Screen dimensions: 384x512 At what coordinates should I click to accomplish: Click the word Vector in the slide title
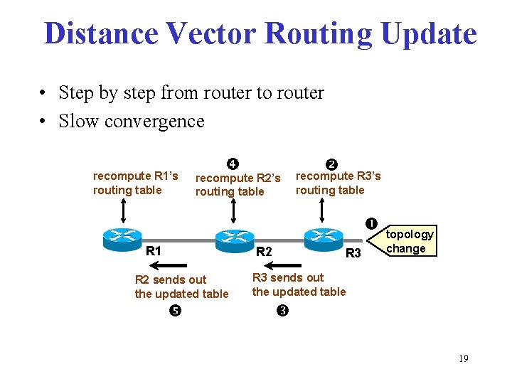pyautogui.click(x=221, y=33)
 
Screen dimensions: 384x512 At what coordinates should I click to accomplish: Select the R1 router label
pyautogui.click(x=154, y=250)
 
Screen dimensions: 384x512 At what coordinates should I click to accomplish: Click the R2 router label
pyautogui.click(x=263, y=251)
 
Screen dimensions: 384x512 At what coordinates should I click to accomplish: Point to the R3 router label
pyautogui.click(x=353, y=252)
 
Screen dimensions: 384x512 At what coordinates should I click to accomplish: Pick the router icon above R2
pyautogui.click(x=235, y=238)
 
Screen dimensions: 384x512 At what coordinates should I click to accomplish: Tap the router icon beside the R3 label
pyautogui.click(x=324, y=237)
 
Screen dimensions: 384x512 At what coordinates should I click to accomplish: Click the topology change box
pyautogui.click(x=409, y=241)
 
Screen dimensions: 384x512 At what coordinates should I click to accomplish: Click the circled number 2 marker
pyautogui.click(x=330, y=163)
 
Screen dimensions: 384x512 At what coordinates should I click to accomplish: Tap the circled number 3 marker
pyautogui.click(x=282, y=310)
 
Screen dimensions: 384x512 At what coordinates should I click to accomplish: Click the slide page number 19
pyautogui.click(x=463, y=358)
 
